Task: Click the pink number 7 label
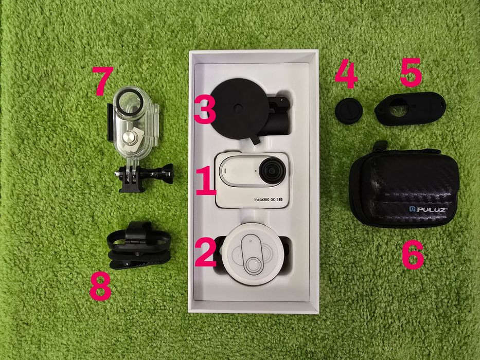102,81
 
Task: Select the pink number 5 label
411,72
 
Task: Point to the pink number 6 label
413,253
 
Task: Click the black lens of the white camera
271,170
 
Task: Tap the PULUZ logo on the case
429,210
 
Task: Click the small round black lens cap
347,110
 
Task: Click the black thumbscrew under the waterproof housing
167,170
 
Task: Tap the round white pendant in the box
253,251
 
